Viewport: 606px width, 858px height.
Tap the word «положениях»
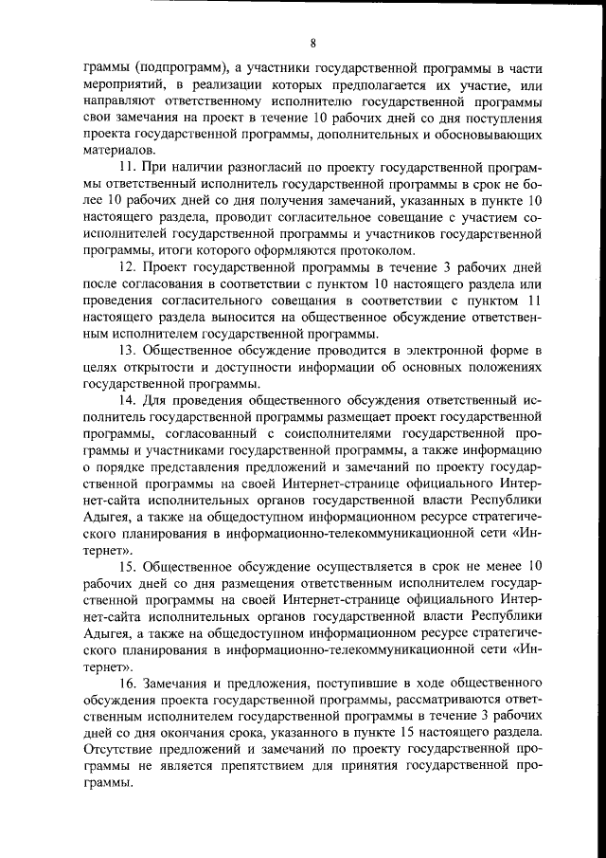500,368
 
